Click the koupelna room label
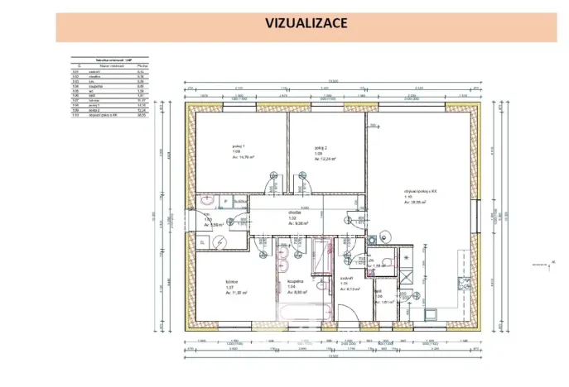pyautogui.click(x=295, y=281)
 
